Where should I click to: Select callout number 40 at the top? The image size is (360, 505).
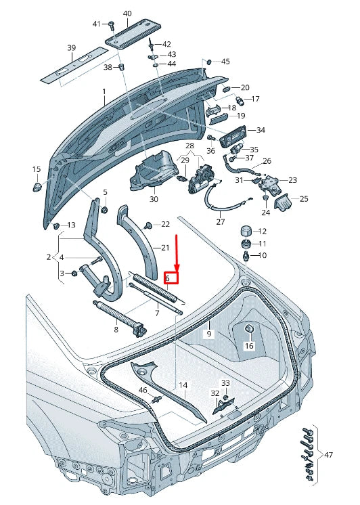point(128,14)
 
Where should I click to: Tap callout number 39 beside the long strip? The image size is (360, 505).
point(72,47)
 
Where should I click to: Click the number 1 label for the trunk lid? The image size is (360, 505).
point(104,91)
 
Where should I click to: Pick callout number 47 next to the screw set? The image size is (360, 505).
point(328,454)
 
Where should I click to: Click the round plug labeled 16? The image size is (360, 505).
point(248,329)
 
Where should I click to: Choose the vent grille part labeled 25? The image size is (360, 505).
point(286,200)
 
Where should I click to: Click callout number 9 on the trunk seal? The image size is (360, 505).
point(209,334)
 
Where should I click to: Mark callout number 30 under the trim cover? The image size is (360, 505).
point(154,199)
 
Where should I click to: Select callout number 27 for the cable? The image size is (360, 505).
point(220,222)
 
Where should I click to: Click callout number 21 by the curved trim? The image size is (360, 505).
point(165,248)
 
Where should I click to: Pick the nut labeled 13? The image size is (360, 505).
point(58,225)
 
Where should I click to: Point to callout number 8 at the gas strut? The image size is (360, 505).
point(116,329)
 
